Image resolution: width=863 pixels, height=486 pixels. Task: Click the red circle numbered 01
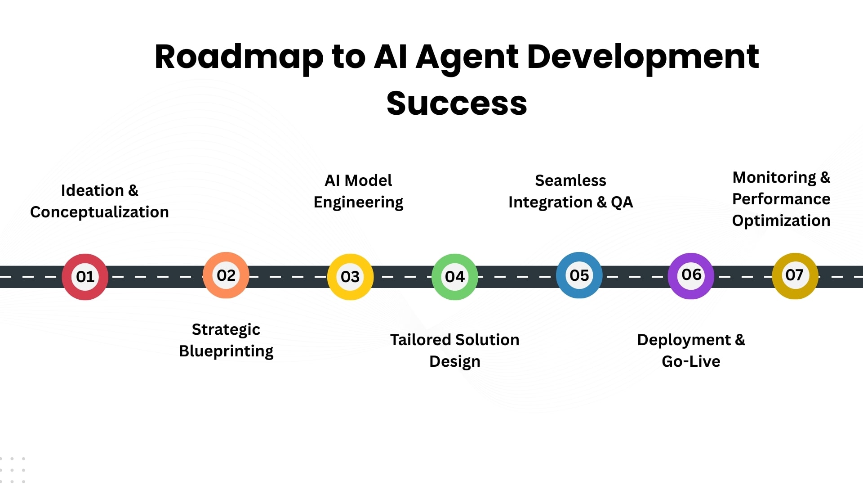coord(85,277)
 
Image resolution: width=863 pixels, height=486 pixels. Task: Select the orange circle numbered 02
coord(226,275)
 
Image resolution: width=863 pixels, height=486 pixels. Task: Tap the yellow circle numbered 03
coord(350,277)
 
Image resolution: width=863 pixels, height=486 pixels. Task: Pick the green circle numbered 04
coord(454,277)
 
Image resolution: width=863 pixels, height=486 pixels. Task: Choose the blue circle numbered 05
coord(579,275)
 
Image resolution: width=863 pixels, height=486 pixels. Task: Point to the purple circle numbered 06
coord(691,275)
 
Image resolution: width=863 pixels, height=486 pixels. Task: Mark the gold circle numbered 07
coord(794,275)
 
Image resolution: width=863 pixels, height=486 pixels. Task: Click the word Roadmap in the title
coord(239,58)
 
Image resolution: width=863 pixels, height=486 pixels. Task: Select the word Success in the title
coord(457,103)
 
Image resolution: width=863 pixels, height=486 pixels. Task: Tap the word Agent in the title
coord(467,58)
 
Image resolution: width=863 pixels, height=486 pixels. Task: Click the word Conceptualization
coord(99,212)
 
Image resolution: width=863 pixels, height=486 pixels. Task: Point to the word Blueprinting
coord(226,351)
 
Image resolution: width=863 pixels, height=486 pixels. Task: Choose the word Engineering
coord(358,202)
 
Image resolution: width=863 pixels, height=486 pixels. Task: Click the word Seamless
coord(570,180)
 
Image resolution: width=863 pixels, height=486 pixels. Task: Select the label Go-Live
coord(691,361)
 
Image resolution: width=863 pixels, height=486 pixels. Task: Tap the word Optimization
coord(781,220)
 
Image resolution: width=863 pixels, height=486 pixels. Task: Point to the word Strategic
coord(226,329)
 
